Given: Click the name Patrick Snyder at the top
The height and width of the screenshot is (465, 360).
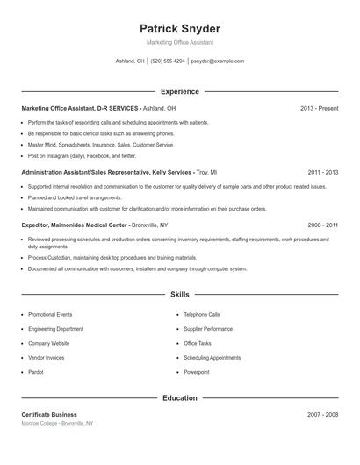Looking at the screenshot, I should (x=180, y=29).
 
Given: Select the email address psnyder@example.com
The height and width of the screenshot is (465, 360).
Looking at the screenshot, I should (x=218, y=61).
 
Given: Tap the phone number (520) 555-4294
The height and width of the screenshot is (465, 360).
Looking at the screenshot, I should (x=168, y=61).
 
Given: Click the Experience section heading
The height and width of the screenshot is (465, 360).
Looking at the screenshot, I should (x=180, y=91).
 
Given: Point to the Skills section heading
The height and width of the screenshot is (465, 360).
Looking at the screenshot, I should (x=180, y=295).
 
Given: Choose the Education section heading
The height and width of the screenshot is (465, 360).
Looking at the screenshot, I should (x=180, y=397).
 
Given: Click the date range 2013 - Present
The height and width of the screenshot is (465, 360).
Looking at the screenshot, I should (x=319, y=108).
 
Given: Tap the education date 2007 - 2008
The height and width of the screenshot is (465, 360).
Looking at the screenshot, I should (x=323, y=414).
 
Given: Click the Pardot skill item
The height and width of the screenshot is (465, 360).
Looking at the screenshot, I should (x=36, y=372).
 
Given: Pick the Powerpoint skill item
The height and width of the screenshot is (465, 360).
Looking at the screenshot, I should (x=197, y=372).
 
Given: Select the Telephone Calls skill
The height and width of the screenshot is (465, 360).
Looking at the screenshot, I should (x=202, y=314).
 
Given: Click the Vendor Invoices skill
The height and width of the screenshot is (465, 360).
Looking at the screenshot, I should (x=47, y=358).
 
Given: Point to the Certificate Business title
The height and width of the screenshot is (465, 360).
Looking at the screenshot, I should (x=49, y=414).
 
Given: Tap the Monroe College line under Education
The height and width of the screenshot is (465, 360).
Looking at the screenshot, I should (x=57, y=423).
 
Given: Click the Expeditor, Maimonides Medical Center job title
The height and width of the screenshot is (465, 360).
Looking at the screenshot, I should (x=95, y=225).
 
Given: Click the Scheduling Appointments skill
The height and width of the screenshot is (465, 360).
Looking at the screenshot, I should (x=212, y=358).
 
